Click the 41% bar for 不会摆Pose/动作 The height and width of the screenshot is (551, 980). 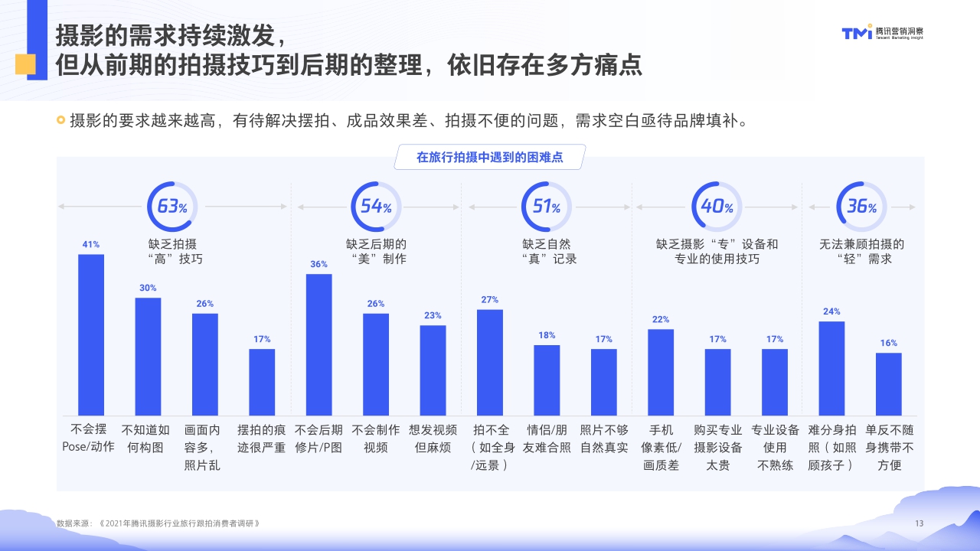(x=91, y=334)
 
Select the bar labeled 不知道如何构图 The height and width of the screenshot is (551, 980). (x=148, y=356)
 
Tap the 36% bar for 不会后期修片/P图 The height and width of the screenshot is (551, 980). (x=318, y=344)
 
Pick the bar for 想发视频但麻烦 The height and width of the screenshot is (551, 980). (x=433, y=370)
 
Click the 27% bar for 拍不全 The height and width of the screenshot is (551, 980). (x=489, y=361)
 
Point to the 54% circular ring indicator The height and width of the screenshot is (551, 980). (x=376, y=207)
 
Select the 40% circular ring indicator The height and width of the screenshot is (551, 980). (x=717, y=207)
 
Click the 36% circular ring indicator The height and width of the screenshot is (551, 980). (x=861, y=207)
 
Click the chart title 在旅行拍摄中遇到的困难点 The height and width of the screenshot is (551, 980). (x=489, y=157)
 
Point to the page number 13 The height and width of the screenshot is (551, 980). (x=920, y=523)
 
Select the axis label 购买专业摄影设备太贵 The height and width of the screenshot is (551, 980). (x=717, y=447)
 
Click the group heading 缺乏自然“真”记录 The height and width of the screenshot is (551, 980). (x=547, y=251)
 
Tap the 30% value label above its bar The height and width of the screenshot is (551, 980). (x=148, y=288)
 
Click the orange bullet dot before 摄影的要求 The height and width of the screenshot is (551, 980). (x=60, y=120)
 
